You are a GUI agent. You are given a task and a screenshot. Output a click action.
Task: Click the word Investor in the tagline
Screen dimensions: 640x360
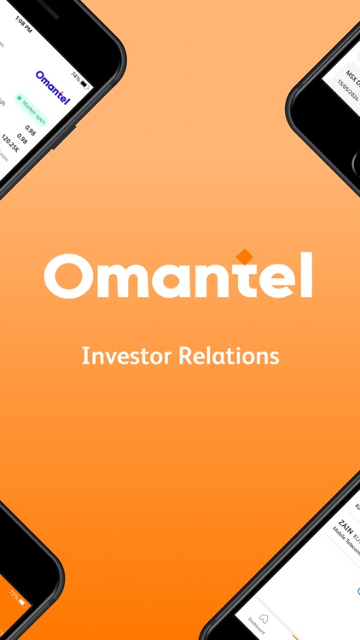click(x=126, y=355)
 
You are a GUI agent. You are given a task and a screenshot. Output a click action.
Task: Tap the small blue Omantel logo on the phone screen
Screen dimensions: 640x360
click(x=54, y=86)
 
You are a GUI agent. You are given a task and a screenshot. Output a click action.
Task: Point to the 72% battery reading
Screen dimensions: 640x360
click(x=13, y=591)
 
